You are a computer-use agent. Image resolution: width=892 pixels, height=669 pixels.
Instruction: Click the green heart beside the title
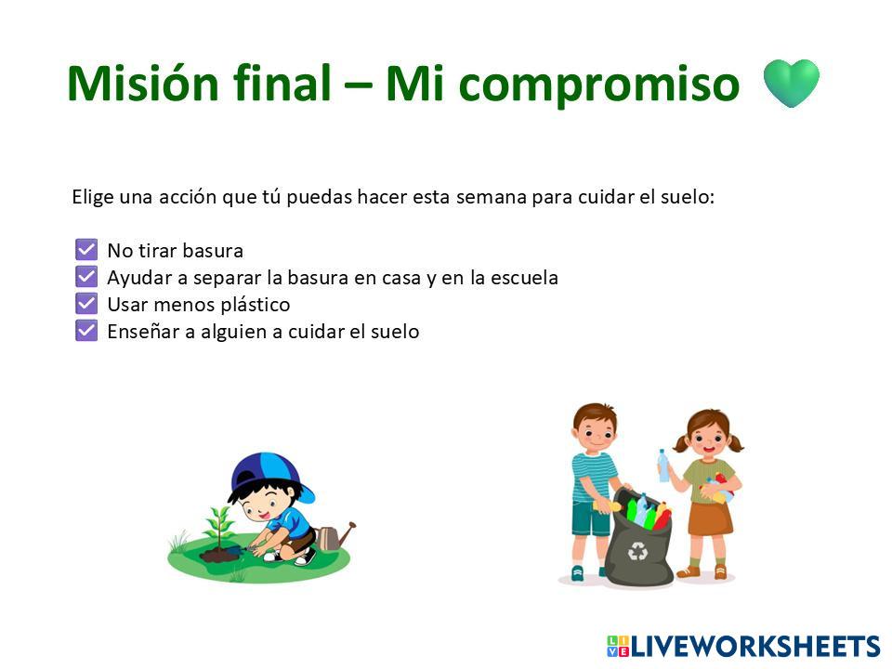791,83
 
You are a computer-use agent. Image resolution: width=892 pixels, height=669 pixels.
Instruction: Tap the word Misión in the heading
142,83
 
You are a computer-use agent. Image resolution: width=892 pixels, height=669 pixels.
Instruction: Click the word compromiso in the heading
598,86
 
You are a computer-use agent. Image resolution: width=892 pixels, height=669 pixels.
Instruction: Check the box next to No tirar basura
86,249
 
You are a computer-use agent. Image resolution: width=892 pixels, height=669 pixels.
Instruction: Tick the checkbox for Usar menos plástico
86,303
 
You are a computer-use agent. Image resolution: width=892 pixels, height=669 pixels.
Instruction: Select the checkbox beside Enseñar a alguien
86,331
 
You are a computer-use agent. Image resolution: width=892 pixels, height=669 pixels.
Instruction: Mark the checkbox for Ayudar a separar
86,277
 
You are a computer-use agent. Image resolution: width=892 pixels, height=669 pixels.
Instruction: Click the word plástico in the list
256,305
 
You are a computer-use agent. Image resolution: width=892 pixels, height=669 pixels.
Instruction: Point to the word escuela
524,278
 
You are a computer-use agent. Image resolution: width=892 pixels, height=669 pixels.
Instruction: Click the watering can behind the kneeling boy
335,536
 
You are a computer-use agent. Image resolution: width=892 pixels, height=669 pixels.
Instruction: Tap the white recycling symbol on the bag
637,551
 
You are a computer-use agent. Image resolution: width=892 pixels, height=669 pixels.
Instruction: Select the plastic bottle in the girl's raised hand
663,466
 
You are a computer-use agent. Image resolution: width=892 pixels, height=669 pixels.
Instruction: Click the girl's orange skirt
710,518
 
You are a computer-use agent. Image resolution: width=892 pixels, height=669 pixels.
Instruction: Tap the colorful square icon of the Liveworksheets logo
618,647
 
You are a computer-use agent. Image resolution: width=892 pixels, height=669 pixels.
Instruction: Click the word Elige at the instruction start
92,197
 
